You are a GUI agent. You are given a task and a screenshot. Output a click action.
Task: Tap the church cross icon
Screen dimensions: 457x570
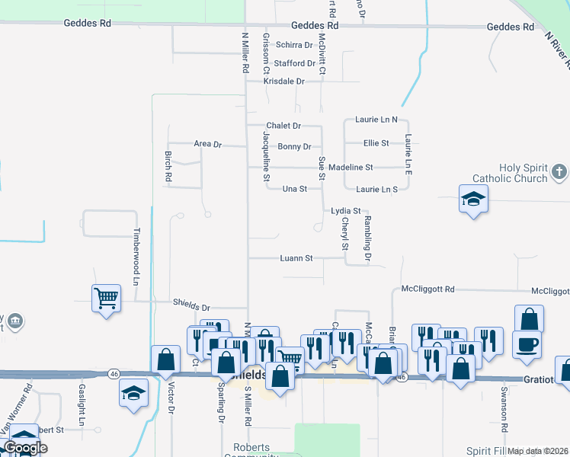[559, 172]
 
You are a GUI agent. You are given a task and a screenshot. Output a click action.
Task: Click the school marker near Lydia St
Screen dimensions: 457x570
[473, 200]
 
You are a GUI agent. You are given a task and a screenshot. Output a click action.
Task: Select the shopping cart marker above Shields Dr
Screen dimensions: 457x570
[106, 298]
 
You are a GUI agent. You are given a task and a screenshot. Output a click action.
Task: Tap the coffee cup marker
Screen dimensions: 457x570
[527, 344]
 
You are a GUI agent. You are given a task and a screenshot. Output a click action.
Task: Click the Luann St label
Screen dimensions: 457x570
[298, 258]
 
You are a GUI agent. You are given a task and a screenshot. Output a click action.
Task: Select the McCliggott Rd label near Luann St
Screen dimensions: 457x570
[427, 289]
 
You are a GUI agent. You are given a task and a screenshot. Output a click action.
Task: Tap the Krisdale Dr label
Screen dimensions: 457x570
[283, 81]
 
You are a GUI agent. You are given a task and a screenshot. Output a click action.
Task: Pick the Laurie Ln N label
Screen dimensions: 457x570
[377, 120]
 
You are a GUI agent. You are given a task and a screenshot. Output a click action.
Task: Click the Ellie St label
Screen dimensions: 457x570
[376, 142]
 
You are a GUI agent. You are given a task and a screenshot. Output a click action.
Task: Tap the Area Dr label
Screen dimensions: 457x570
[207, 143]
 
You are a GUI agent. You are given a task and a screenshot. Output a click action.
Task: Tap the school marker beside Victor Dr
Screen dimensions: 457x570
[133, 394]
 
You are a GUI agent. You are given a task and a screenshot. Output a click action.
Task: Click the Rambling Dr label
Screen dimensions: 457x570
[367, 240]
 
